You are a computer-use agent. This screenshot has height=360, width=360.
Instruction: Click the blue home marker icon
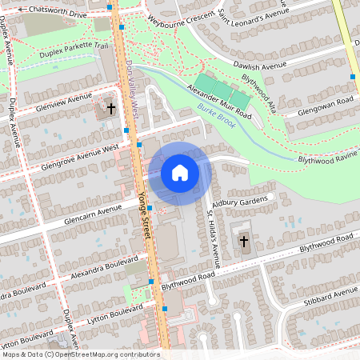(x=180, y=173)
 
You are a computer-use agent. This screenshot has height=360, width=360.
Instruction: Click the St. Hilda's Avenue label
(x=214, y=238)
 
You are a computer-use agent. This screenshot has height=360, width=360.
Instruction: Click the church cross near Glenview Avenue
(x=111, y=107)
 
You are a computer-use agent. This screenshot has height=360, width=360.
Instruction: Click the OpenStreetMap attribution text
(x=80, y=354)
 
